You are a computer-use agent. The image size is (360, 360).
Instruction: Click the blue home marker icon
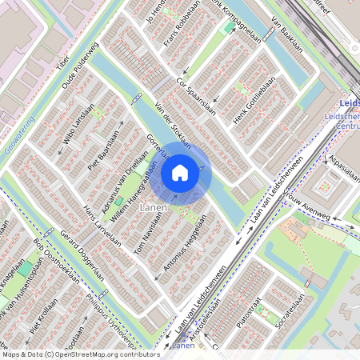pyautogui.click(x=180, y=172)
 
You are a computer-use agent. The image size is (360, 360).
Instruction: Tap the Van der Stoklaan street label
pyautogui.click(x=173, y=126)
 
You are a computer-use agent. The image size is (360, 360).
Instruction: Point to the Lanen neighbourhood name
pyautogui.click(x=154, y=207)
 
